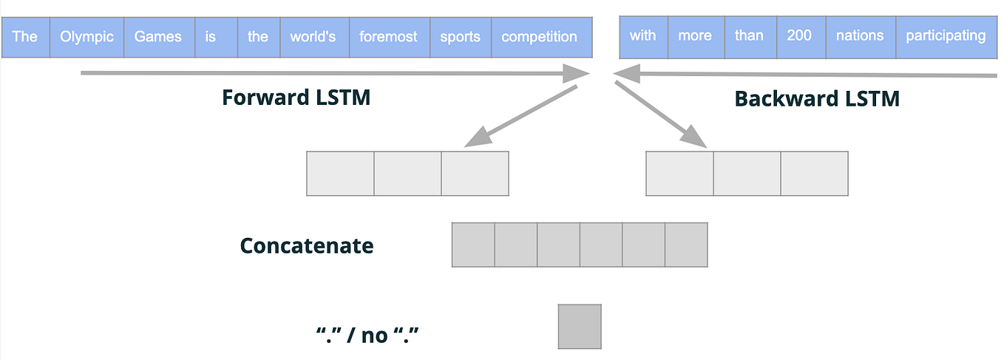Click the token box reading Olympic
click(x=87, y=37)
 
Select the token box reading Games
click(x=159, y=37)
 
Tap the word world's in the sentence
click(x=314, y=37)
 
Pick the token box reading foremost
click(x=389, y=37)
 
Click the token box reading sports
click(x=460, y=37)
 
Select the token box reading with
click(x=643, y=36)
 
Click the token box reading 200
click(x=799, y=36)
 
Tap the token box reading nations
click(x=860, y=36)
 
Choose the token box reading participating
click(x=946, y=36)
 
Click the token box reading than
click(x=749, y=36)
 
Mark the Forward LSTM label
click(x=296, y=98)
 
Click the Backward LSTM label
click(x=817, y=99)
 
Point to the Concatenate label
click(x=307, y=245)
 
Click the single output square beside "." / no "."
click(x=580, y=326)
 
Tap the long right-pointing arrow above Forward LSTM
click(x=333, y=73)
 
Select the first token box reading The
click(x=25, y=37)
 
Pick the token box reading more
click(x=695, y=36)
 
